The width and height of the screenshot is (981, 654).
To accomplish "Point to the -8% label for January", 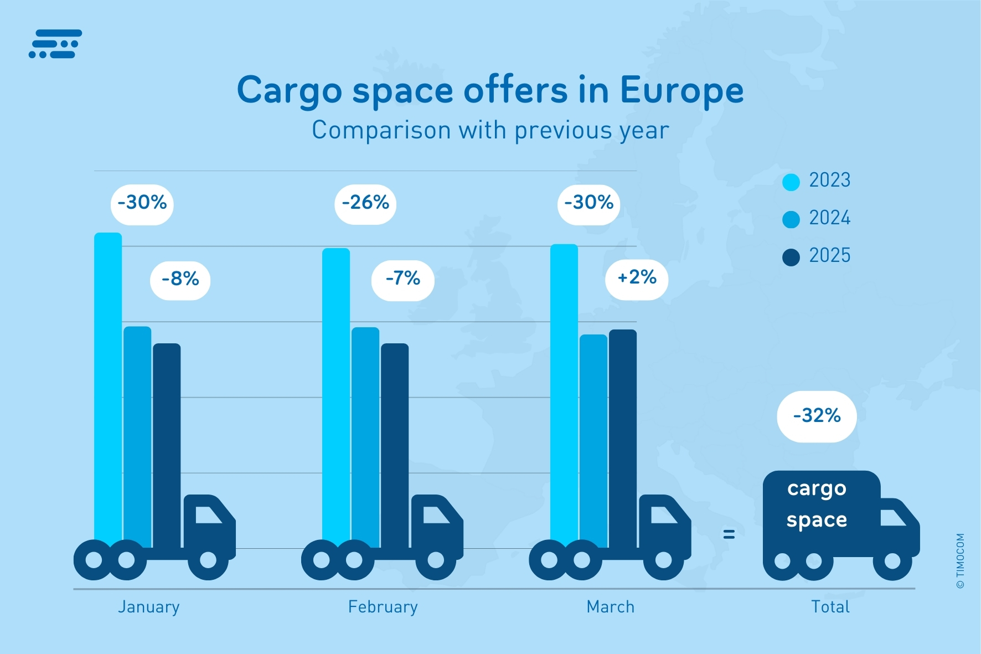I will (x=180, y=280).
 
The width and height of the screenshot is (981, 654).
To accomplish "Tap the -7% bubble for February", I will (x=403, y=280).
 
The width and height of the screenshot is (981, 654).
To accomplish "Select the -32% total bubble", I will (x=817, y=416).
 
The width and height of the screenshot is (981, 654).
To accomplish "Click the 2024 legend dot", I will (x=791, y=219).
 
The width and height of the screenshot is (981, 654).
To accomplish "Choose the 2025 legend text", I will (x=829, y=256).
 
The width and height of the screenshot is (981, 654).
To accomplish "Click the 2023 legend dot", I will (x=791, y=182).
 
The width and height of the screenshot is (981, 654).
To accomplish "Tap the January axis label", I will (x=149, y=607).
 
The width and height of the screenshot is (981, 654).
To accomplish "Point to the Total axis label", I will (x=830, y=607).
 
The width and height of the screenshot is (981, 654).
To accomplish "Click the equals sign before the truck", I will (x=729, y=534).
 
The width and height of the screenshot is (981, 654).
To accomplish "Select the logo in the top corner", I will (x=55, y=44).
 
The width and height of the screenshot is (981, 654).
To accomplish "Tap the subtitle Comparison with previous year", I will (x=491, y=131).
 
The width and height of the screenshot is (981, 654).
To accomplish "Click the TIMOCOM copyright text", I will (x=961, y=560).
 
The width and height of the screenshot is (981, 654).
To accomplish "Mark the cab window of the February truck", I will (x=435, y=515).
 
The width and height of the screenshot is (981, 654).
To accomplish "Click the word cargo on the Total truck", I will (x=817, y=489).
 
